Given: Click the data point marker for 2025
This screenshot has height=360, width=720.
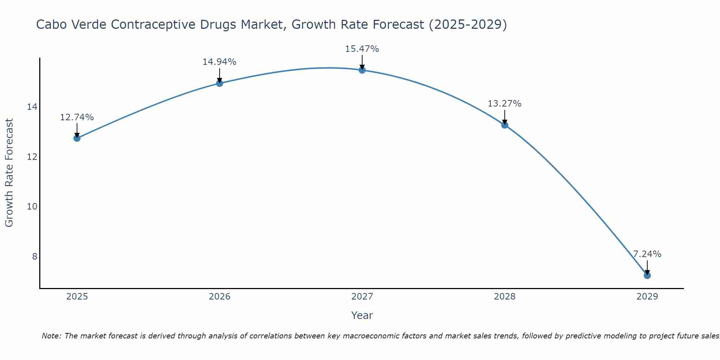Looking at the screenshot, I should (77, 138).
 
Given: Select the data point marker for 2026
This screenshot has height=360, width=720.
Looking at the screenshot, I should (220, 83).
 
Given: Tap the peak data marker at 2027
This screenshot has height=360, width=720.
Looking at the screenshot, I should (362, 70).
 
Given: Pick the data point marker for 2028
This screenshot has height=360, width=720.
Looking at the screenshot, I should (505, 125).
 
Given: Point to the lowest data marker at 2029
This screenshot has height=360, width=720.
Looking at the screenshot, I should (647, 275).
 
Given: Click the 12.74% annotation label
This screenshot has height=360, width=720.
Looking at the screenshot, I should (77, 117).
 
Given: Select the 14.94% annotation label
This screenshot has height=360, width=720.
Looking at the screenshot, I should (220, 62).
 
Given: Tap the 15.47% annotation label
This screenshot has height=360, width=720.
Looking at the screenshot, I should (362, 49).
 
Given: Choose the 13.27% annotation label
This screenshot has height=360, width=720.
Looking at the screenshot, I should (505, 104).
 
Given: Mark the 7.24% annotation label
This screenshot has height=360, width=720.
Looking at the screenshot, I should (647, 254).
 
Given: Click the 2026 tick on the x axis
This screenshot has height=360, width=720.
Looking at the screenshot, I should (220, 297).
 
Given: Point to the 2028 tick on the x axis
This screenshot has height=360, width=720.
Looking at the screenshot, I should (505, 297).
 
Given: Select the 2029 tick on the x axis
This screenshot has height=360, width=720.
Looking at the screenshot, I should (647, 297).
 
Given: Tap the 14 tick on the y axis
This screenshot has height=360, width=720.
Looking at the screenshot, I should (32, 107).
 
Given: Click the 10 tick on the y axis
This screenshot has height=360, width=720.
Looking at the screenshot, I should (32, 207).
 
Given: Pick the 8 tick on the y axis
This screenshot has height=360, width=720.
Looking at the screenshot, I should (35, 256).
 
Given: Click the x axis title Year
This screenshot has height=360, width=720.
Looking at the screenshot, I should (362, 315).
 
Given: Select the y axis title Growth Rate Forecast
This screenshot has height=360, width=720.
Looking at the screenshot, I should (9, 173).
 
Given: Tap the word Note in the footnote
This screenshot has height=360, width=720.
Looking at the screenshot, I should (51, 336).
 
